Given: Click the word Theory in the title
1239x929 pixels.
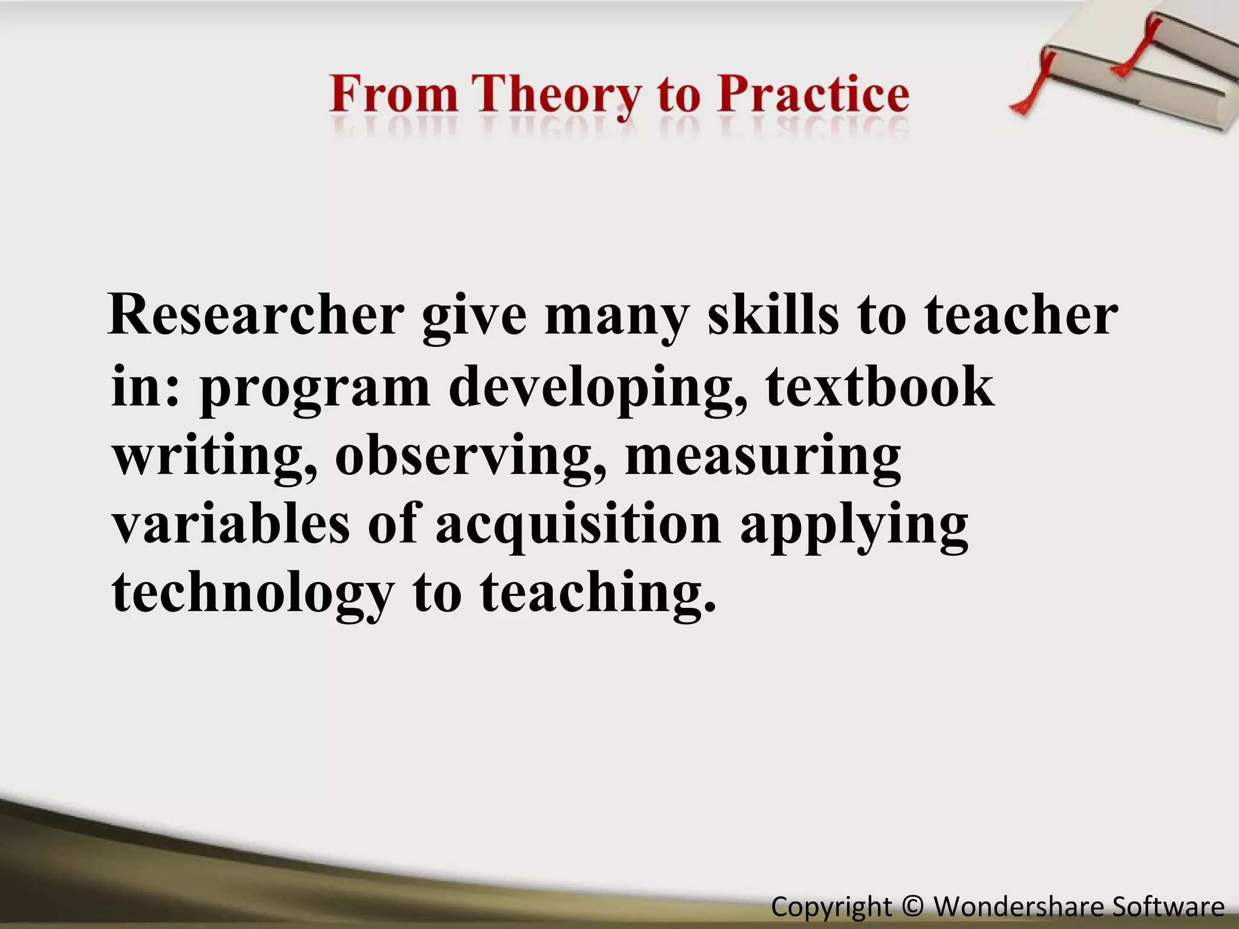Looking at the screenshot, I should point(557,95).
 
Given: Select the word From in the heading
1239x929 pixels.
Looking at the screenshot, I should point(394,95).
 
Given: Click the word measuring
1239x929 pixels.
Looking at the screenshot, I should point(762,455).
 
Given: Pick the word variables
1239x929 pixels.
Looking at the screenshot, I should point(231,523).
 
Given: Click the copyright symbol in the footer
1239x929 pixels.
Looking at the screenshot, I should point(912,906).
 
